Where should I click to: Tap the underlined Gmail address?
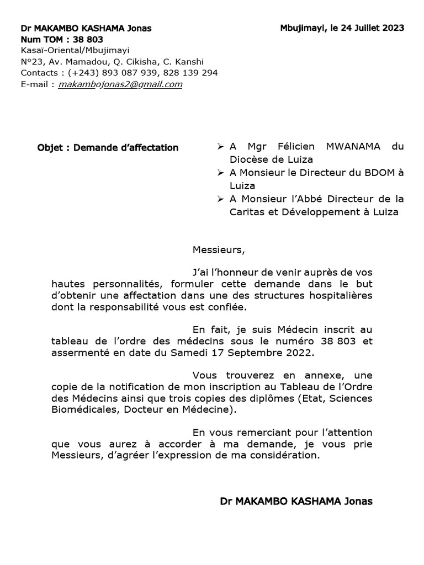pos(120,84)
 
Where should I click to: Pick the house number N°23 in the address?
pos(32,62)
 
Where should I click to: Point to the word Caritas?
pos(248,212)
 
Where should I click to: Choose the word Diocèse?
pos(250,160)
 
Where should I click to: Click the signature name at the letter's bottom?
pos(296,502)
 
